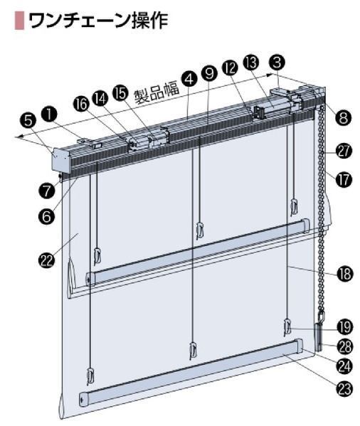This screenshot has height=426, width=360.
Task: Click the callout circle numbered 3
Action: tap(277, 63)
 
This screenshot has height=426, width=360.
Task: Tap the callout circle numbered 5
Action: tap(28, 121)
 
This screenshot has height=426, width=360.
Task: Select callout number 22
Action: tap(47, 260)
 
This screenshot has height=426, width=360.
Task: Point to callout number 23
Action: tap(344, 389)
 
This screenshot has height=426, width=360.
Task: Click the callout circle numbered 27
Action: tap(344, 151)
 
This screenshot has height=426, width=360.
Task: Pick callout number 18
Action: tap(345, 273)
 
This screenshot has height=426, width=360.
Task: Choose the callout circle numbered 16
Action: tap(81, 105)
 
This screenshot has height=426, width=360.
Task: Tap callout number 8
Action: tap(344, 118)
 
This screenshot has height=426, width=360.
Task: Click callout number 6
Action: tap(47, 216)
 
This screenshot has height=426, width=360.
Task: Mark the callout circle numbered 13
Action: tap(252, 63)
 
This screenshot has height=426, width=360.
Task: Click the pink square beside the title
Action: tap(19, 20)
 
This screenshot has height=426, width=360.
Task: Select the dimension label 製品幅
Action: tap(157, 92)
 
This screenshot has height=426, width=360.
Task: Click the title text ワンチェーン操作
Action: tap(98, 20)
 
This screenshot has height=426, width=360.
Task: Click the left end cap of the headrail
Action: tap(61, 159)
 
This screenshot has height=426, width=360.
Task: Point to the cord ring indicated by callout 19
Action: tap(287, 326)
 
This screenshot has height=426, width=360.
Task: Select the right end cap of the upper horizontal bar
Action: tap(305, 226)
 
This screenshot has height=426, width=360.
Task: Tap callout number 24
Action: tap(344, 366)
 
